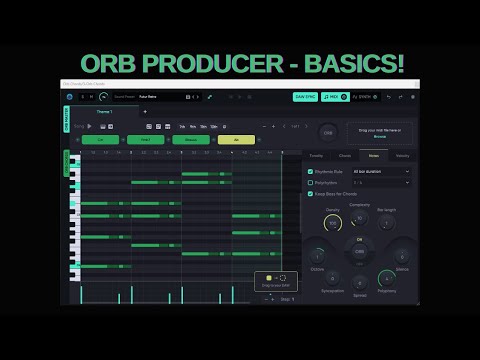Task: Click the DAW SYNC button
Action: coord(306,97)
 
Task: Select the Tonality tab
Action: coord(315,156)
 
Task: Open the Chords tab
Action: coord(344,156)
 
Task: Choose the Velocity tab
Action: coord(402,156)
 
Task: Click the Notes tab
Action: coord(373,156)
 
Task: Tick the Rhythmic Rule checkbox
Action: coord(310,171)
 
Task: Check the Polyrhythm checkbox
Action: coord(310,182)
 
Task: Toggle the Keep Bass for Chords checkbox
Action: coord(310,194)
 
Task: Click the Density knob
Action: coord(333,222)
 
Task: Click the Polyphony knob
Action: coord(386,279)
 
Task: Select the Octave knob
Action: coord(319,257)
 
